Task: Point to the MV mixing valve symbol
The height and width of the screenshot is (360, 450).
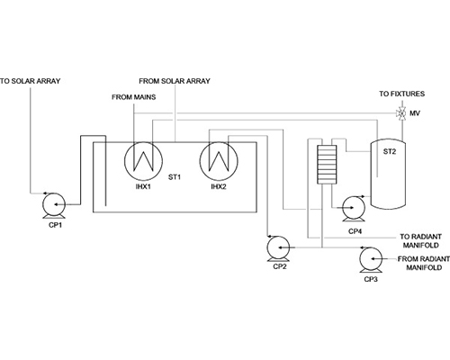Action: pos(400,113)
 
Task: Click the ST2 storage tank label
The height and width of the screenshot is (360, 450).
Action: pos(390,152)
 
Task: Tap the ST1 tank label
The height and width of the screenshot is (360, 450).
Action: pos(175,177)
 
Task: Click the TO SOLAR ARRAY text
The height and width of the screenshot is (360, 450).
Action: pos(31,81)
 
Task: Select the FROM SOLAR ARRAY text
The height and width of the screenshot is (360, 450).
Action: pos(175,81)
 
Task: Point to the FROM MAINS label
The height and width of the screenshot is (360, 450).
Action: pos(134,97)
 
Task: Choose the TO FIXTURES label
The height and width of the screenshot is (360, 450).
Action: pos(402,94)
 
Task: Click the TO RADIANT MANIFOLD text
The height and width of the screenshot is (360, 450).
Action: pos(420,241)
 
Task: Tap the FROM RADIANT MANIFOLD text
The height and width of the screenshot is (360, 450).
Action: pos(424,263)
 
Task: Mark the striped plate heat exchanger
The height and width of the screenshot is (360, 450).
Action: pos(327,165)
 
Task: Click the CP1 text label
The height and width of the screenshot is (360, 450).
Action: pos(55,225)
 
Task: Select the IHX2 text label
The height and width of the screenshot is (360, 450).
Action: pos(219,186)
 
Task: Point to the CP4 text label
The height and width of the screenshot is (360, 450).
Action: pos(355,231)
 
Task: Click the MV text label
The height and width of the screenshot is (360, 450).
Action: pos(415,113)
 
